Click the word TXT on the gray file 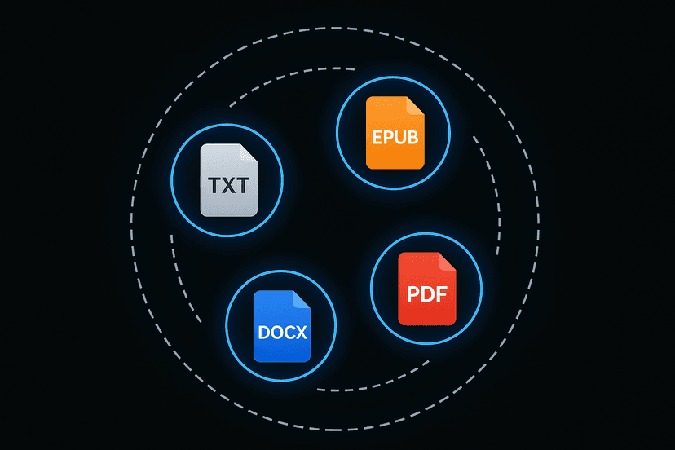(228, 186)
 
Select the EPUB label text (394, 137)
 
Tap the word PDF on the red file (426, 293)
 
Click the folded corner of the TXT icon (248, 152)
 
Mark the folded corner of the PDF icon (446, 261)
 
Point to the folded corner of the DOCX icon (301, 299)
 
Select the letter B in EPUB (412, 137)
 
